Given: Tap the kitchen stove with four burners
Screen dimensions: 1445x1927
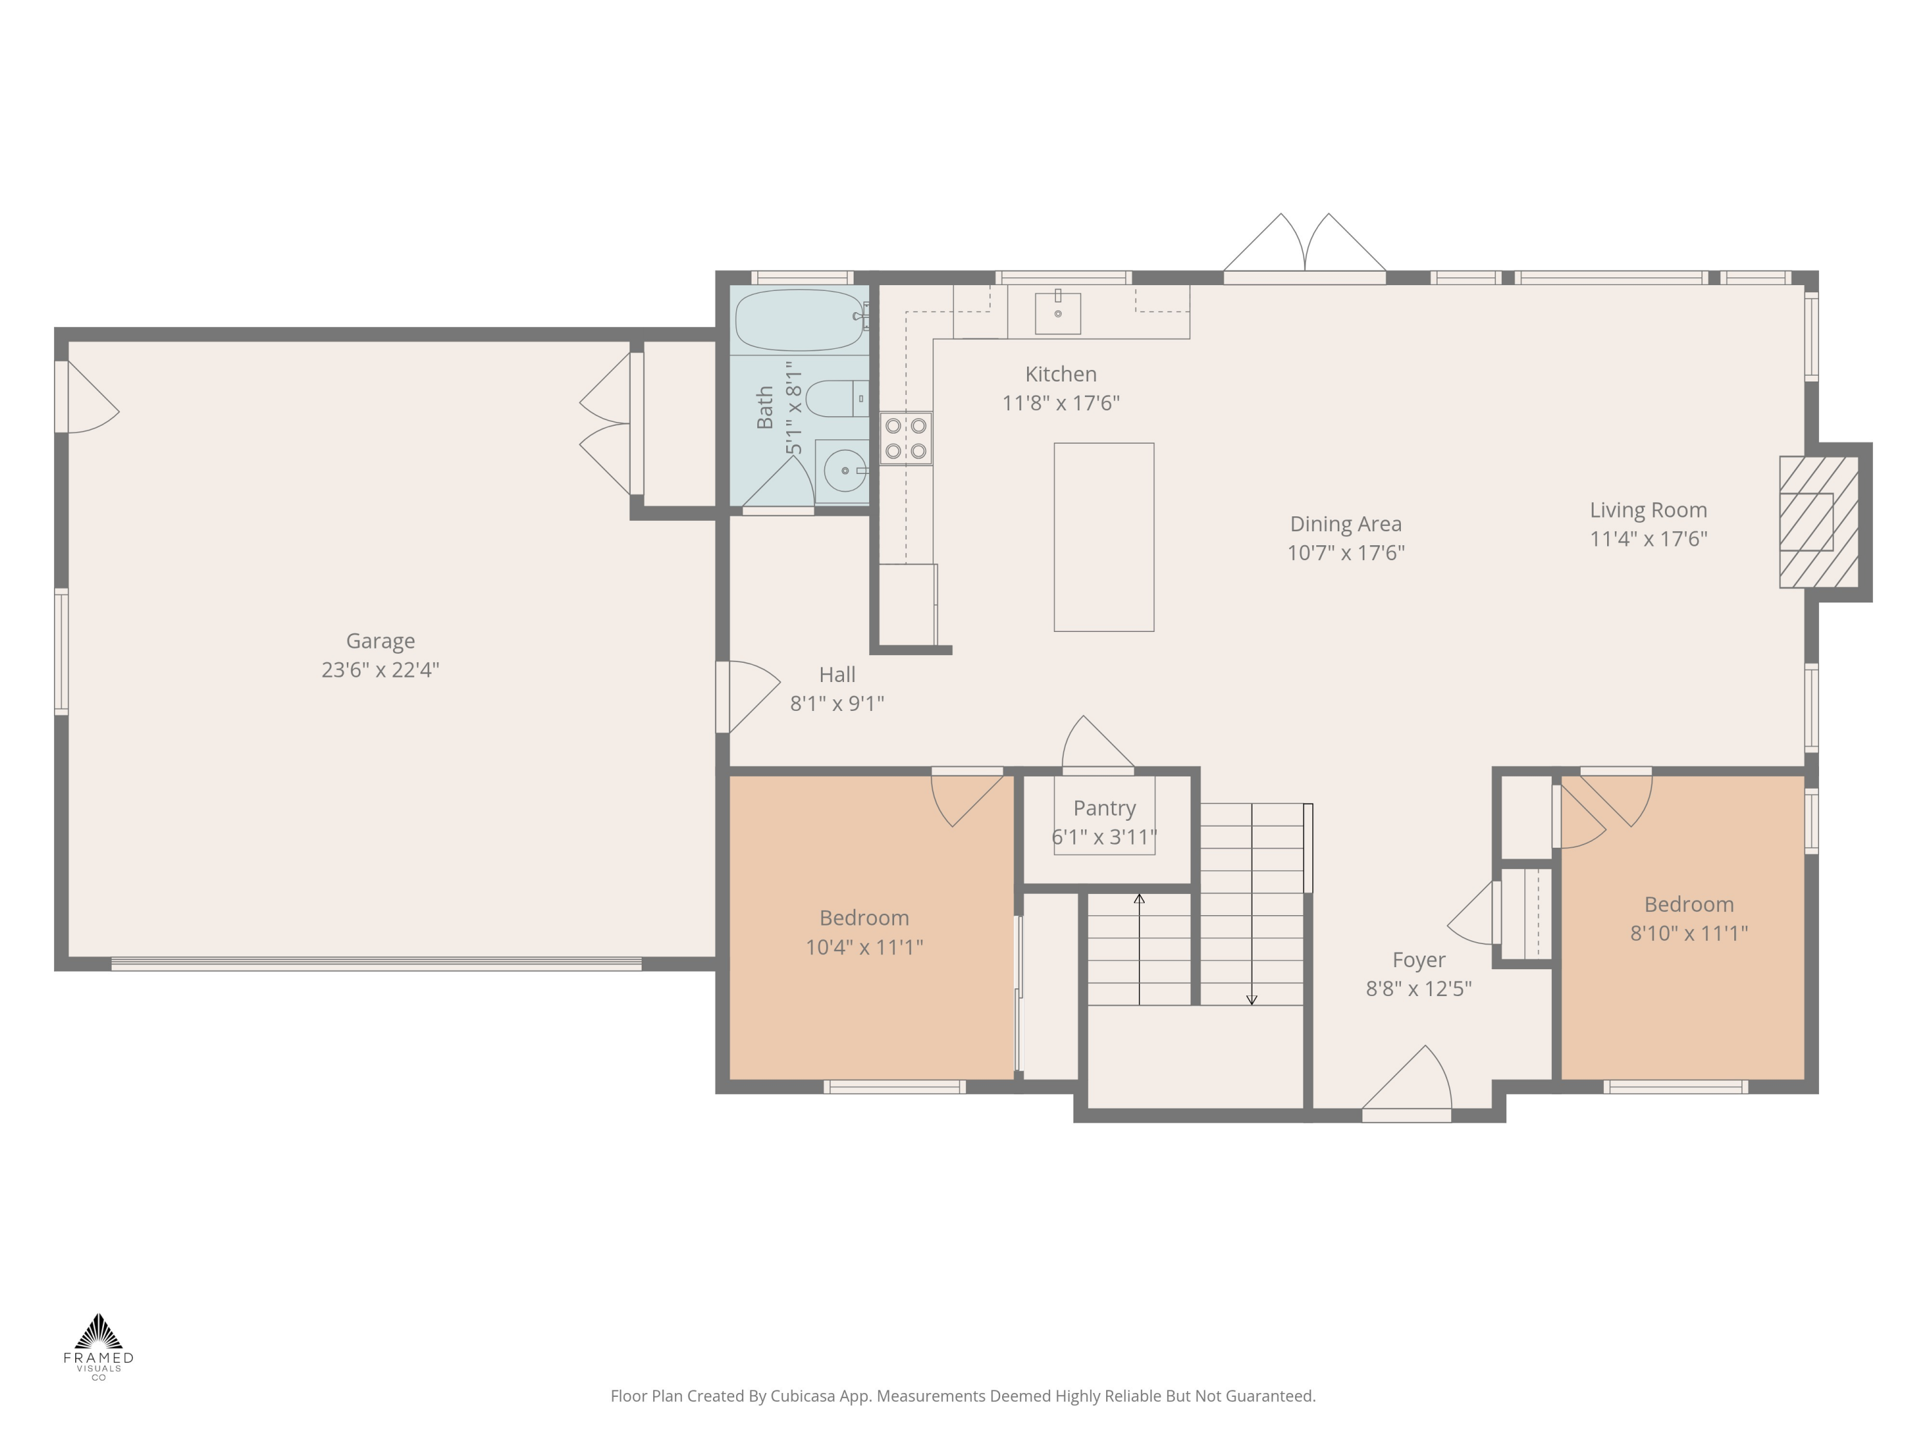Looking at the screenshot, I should coord(905,438).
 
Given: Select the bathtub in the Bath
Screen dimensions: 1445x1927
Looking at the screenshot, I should coord(800,320).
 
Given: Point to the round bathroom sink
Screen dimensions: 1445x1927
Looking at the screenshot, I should coord(844,470).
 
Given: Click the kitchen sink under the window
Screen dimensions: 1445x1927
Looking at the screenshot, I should coord(1057,313).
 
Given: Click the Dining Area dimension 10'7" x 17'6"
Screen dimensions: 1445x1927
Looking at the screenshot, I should coord(1345,553).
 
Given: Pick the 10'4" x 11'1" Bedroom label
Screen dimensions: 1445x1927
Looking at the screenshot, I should coord(863,918).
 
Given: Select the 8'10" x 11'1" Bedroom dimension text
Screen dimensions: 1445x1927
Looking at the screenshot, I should coord(1688,934).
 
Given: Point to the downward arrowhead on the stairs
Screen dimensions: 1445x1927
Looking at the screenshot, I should coord(1252,1000).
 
